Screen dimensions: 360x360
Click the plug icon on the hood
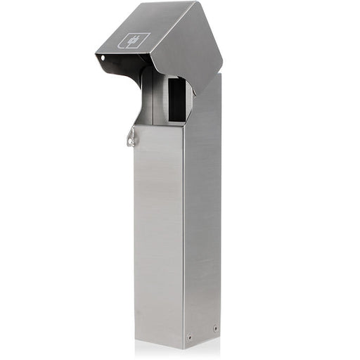click(134, 41)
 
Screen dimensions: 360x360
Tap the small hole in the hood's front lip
click(103, 57)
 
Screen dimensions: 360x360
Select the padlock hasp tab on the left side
click(131, 139)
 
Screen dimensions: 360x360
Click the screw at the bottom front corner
click(189, 336)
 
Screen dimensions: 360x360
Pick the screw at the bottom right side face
click(214, 328)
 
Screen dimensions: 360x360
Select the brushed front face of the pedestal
click(159, 232)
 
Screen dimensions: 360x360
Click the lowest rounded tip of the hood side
click(194, 92)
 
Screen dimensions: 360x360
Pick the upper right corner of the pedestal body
click(220, 75)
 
